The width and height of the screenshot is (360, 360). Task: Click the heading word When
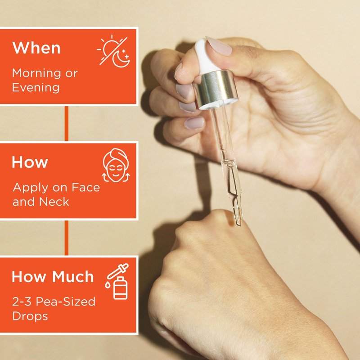tap(36, 48)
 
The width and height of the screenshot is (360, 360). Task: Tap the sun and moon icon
tap(113, 51)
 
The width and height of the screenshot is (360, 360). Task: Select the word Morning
tap(36, 74)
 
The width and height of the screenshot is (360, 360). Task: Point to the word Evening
tap(36, 88)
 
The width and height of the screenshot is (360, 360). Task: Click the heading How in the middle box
tap(30, 162)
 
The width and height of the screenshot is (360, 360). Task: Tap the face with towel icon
tap(116, 165)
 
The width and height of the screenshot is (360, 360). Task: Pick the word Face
tap(85, 187)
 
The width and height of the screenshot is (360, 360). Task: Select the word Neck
tap(54, 202)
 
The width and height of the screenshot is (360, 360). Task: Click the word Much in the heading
tap(73, 276)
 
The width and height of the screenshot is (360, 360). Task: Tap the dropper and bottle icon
tap(117, 282)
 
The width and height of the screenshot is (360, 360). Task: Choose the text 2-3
tap(22, 301)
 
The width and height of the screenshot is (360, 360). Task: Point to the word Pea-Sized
tap(65, 301)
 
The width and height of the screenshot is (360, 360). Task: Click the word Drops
tap(30, 316)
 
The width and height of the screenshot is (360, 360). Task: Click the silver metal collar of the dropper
tap(216, 90)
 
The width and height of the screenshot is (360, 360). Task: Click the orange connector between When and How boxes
tap(67, 123)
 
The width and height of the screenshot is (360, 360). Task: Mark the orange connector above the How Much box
tap(67, 238)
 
